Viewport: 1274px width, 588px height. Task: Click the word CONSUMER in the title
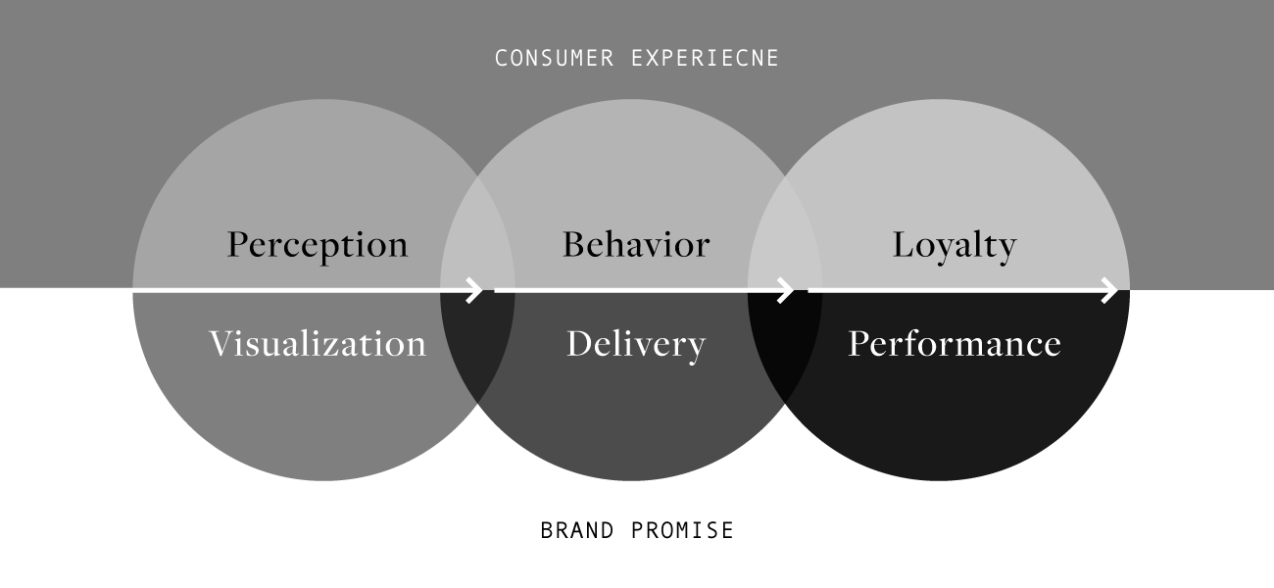554,59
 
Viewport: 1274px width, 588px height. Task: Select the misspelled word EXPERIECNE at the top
706,59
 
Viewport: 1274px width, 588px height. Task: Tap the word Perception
317,244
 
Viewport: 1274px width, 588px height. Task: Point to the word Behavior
635,244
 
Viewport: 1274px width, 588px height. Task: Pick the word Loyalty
954,244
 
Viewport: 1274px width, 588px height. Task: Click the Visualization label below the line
318,344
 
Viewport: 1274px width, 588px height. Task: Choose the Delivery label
635,344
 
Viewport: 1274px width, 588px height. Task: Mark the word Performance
954,344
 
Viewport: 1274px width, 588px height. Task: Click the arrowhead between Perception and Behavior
476,290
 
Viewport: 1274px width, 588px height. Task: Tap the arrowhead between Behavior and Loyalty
787,290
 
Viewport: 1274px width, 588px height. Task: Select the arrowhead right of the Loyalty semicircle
1110,290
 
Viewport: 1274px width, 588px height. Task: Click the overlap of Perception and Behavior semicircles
477,235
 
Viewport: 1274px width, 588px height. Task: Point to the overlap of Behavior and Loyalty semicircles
785,235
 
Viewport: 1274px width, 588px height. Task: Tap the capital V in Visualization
220,344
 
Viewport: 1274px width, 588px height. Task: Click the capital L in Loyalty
902,244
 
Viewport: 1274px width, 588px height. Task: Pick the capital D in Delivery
579,344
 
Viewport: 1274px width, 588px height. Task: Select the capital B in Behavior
573,244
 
